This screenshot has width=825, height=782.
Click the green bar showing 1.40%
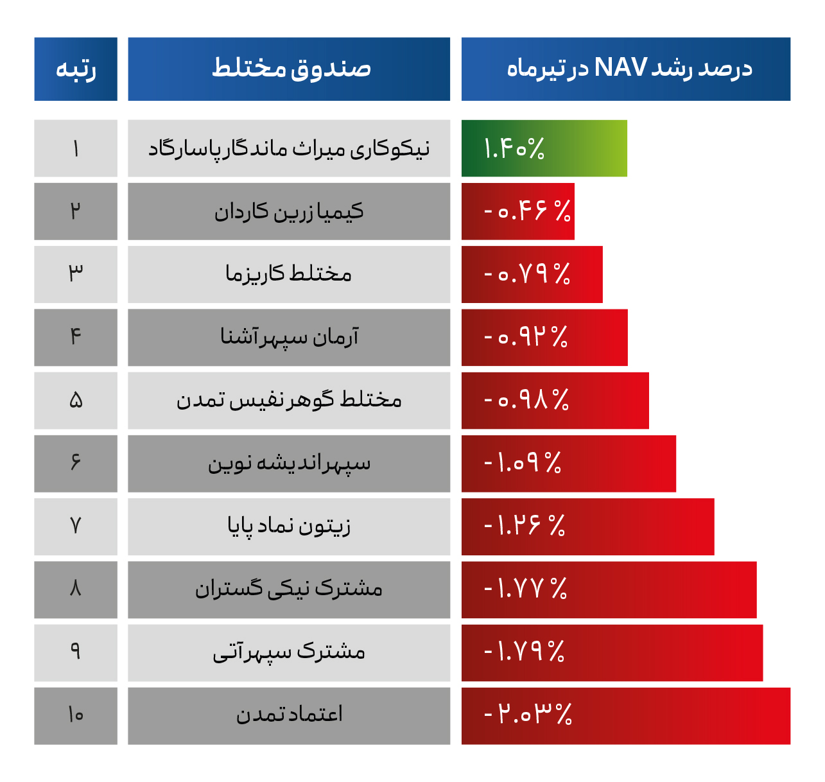[544, 148]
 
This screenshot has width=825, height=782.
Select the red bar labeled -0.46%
[517, 211]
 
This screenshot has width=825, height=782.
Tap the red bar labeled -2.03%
[625, 716]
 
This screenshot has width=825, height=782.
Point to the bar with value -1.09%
[568, 464]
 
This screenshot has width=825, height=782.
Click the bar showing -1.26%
[587, 526]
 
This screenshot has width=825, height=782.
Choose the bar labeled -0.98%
[555, 401]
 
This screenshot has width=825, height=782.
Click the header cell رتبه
[76, 69]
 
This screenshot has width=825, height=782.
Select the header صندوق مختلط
[289, 69]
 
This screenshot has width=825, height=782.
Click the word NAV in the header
[620, 67]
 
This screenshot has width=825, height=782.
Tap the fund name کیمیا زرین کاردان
[289, 211]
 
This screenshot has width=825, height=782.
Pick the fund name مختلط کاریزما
[289, 274]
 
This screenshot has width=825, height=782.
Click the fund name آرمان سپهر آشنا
[289, 337]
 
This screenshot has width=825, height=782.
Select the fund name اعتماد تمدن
[289, 715]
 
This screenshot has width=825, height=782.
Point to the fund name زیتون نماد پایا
[289, 526]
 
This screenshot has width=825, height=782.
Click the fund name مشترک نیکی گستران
[289, 589]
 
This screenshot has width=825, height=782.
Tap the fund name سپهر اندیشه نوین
[289, 464]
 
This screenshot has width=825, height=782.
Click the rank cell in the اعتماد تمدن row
[76, 715]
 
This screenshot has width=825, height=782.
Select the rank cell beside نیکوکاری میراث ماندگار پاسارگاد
[76, 148]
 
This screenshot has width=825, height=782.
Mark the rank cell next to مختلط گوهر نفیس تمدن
[76, 401]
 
